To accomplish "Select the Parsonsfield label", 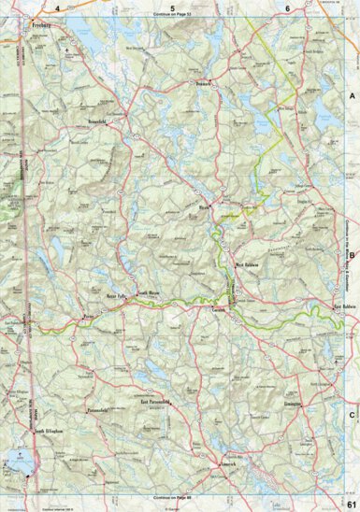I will click(99, 410).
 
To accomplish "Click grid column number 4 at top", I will click(57, 7).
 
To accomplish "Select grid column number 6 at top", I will click(287, 7).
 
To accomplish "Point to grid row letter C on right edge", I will click(353, 391).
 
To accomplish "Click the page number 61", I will click(350, 503).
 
